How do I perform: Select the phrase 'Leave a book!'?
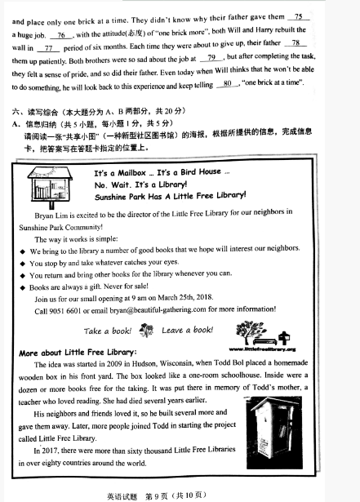coord(188,331)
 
